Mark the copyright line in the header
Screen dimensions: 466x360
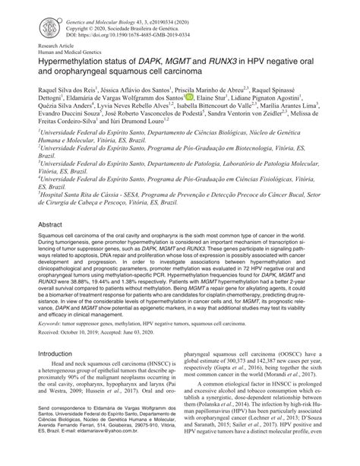click(118, 21)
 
